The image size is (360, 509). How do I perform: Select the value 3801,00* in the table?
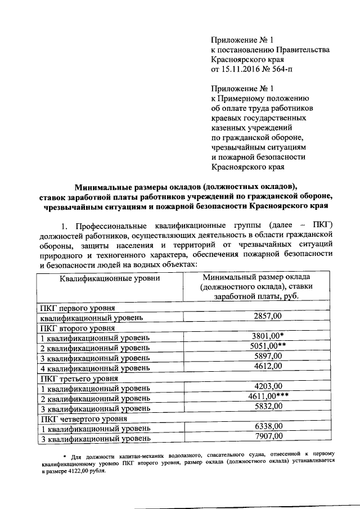pos(268,336)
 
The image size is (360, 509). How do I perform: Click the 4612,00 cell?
pos(268,366)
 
